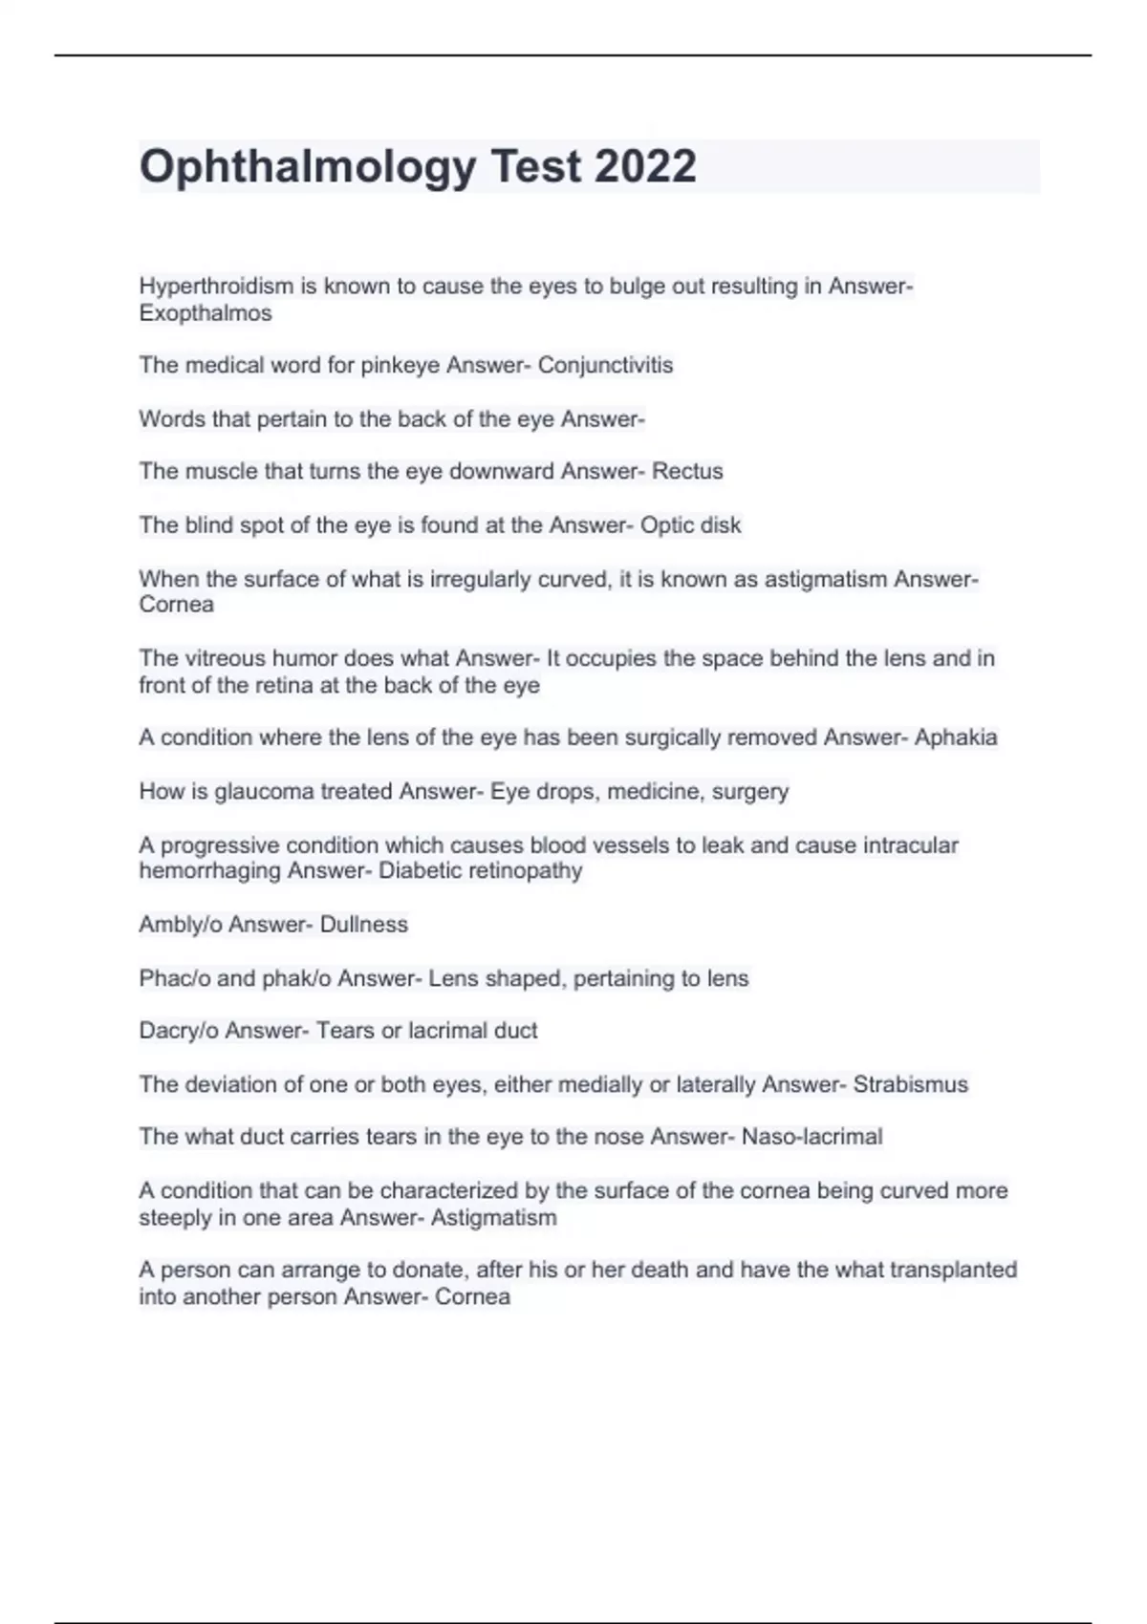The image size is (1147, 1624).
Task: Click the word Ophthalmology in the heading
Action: coord(307,168)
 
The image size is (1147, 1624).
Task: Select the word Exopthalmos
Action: coord(206,313)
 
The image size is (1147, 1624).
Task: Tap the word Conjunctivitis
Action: coord(605,365)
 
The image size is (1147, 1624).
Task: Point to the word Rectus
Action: coord(687,471)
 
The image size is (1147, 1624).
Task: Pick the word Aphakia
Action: coord(955,737)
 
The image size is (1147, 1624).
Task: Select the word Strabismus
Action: coord(910,1084)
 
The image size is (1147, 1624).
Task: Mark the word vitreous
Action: coord(219,658)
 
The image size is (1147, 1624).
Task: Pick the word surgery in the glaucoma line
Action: coord(750,792)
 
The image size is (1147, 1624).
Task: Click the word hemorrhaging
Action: coord(209,871)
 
